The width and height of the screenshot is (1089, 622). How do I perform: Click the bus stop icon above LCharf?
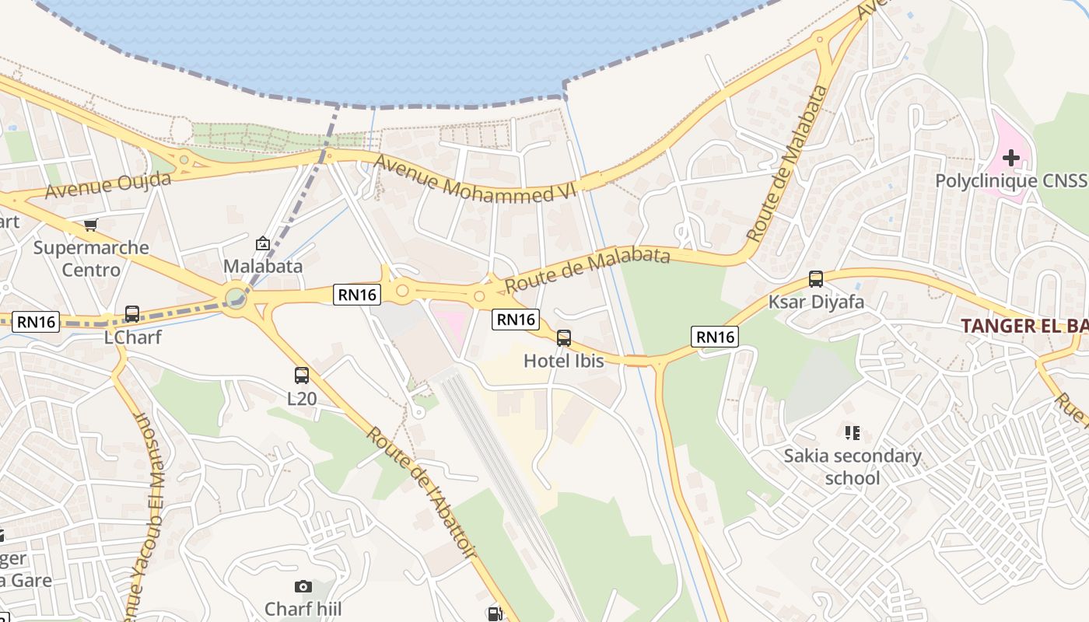(132, 314)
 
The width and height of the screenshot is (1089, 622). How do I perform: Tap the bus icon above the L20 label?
(302, 376)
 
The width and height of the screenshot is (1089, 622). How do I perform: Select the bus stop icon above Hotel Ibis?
(564, 338)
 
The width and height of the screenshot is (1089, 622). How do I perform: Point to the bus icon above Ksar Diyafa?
(816, 278)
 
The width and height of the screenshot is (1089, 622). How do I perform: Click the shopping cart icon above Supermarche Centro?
(92, 225)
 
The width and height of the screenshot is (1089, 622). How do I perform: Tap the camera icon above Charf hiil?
(303, 586)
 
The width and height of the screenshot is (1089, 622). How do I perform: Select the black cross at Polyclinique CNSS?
(1011, 159)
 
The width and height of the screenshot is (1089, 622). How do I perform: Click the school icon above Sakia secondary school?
(853, 432)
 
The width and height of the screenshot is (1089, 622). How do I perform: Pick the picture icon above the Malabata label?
(263, 243)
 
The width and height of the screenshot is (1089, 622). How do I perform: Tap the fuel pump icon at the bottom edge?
(494, 614)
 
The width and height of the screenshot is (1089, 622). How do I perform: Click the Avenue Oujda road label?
(108, 185)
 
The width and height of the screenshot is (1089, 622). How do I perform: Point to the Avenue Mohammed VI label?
(474, 179)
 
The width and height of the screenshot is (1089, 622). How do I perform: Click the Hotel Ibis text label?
(564, 361)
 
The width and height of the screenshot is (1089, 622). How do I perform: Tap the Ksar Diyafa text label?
(816, 302)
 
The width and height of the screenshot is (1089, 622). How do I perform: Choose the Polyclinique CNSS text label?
(1010, 181)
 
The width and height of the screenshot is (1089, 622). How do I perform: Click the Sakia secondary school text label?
(853, 466)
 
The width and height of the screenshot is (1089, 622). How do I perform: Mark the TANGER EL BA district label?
(1024, 326)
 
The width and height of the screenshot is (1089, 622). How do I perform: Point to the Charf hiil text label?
(303, 608)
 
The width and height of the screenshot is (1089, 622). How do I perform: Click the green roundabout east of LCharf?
(236, 297)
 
